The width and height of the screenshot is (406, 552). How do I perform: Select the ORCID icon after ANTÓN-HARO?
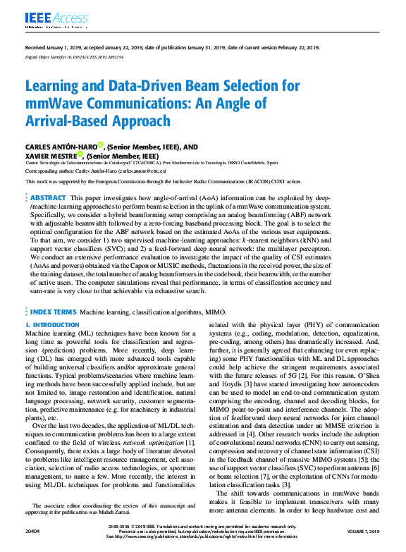click(101, 145)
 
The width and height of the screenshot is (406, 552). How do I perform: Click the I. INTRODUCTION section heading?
click(52, 325)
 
